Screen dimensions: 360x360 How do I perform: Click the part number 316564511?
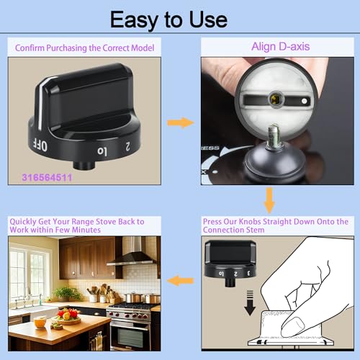[47, 178]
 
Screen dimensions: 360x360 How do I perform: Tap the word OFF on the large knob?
[40, 145]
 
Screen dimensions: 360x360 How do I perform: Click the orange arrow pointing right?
[181, 122]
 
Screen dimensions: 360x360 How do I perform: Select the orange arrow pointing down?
[269, 200]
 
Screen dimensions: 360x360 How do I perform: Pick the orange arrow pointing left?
[180, 280]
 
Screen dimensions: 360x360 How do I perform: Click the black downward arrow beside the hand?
[250, 303]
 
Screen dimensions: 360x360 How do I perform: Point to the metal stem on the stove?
[274, 135]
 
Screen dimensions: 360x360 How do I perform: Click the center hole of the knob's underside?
[275, 98]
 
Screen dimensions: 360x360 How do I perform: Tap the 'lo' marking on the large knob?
[102, 151]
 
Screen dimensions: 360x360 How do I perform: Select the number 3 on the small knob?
[248, 273]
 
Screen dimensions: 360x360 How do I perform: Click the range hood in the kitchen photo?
[133, 255]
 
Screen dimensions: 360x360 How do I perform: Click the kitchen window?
[29, 273]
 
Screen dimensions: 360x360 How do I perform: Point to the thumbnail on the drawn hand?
[293, 326]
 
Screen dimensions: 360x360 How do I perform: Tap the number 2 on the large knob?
[127, 146]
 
